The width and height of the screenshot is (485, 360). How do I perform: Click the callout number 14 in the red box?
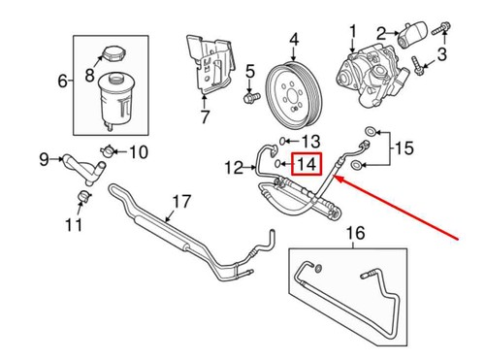coord(307,164)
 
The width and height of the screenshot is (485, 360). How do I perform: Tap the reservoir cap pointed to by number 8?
coord(113,54)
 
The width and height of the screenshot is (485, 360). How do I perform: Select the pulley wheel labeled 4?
coord(293,95)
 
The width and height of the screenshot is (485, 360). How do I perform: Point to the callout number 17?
coord(181,202)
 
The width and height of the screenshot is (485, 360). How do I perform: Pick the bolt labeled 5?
coord(251,97)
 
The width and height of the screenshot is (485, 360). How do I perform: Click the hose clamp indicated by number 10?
coord(108,151)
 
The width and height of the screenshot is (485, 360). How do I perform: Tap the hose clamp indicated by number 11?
coord(85,196)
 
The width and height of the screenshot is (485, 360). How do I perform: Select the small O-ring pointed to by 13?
coord(282,141)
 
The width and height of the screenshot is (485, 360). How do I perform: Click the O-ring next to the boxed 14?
coord(278,164)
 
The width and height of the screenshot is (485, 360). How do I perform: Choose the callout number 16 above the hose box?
coord(356,233)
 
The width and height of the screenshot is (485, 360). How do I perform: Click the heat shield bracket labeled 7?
coord(210,64)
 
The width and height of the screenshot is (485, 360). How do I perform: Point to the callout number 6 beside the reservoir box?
coord(63,81)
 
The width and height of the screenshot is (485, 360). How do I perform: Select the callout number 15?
coord(404,148)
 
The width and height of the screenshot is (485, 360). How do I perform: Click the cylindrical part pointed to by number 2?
coord(413,35)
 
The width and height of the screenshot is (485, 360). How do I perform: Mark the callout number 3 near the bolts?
coord(442,54)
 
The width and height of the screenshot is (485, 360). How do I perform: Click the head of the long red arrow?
coord(337,178)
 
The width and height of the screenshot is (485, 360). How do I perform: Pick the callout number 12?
coord(234,168)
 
